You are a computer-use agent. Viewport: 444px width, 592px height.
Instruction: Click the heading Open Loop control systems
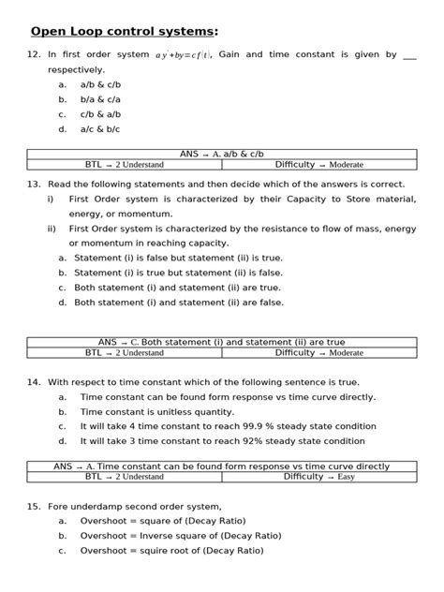124,31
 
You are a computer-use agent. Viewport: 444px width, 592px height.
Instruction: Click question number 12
33,55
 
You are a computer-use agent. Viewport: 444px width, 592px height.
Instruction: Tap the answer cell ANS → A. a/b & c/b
222,154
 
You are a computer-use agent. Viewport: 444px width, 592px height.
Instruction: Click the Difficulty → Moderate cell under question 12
318,165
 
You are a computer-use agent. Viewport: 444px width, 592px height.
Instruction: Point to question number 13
33,185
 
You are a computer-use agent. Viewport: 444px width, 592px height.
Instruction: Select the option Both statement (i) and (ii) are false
178,303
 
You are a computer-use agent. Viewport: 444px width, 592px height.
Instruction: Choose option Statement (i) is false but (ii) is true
178,257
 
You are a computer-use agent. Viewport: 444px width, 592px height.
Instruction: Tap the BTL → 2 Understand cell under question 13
124,353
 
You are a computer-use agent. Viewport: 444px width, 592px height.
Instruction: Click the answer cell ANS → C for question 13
222,342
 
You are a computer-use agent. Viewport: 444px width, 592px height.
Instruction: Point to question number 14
33,382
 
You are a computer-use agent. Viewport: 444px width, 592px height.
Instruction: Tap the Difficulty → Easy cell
318,477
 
